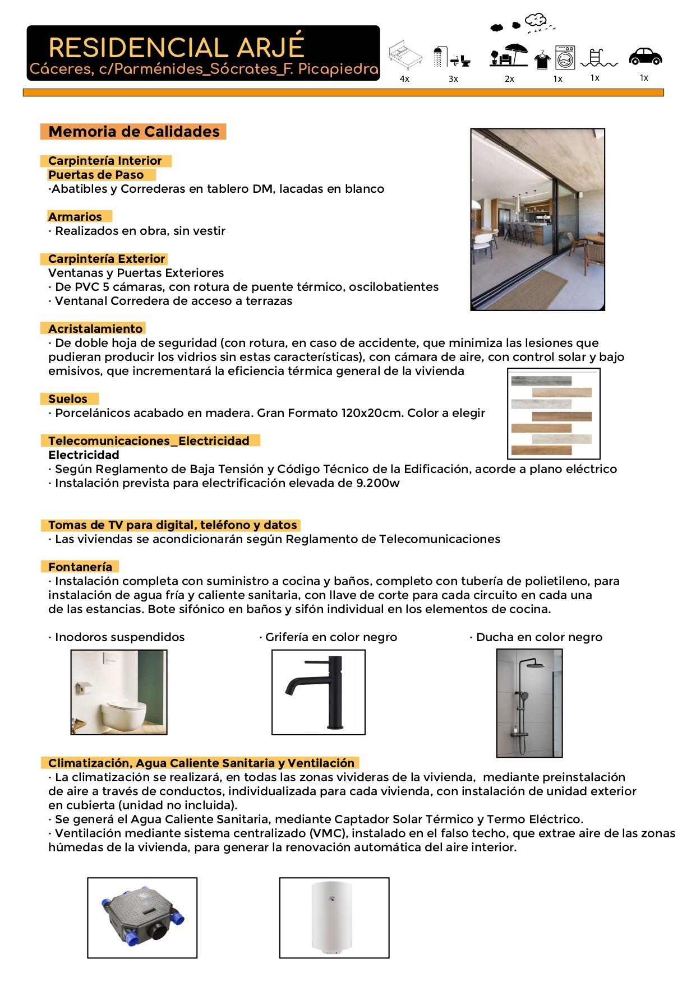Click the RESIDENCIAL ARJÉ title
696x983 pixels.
coord(177,48)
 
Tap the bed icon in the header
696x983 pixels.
coord(405,55)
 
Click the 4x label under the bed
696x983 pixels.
coord(404,79)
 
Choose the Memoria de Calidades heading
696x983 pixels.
coord(134,132)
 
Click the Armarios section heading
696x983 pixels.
coord(75,217)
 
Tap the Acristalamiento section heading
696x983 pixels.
coord(95,329)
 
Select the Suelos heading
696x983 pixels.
coord(68,399)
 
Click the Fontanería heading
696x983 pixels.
coord(80,567)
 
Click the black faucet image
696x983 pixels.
coord(318,692)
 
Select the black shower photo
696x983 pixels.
coord(529,703)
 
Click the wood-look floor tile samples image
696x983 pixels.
coord(553,413)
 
